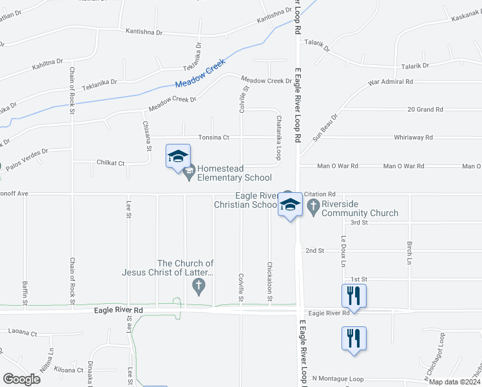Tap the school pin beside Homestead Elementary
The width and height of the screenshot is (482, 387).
click(x=178, y=157)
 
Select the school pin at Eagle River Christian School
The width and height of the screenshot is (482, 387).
click(x=290, y=206)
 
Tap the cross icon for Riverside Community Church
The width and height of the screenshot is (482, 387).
click(x=313, y=206)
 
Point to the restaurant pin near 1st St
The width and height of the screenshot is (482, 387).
click(x=354, y=296)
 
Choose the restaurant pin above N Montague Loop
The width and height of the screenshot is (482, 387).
click(x=354, y=338)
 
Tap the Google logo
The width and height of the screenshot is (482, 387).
click(x=21, y=379)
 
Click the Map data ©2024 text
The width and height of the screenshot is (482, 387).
click(x=454, y=382)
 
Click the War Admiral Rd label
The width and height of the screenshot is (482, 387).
click(x=390, y=82)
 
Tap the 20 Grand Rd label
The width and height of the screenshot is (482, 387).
click(x=425, y=110)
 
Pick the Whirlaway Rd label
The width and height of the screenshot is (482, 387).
click(x=412, y=137)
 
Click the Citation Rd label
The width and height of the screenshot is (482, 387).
click(x=320, y=193)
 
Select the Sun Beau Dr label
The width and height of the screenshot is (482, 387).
click(x=325, y=128)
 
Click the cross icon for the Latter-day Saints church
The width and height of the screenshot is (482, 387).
click(x=199, y=285)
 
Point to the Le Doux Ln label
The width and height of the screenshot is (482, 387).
click(x=343, y=251)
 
